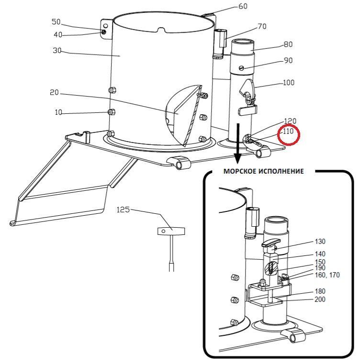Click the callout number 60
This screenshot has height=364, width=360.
243,6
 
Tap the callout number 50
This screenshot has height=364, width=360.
56,22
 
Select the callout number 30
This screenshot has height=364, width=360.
57,50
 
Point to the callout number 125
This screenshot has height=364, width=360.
123,210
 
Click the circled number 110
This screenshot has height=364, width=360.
288,132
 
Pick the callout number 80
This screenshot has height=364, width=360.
288,44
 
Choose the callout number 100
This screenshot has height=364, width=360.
289,82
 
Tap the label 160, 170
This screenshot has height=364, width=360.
327,275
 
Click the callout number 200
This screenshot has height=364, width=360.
320,299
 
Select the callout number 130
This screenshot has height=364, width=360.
320,242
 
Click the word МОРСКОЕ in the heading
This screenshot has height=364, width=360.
240,171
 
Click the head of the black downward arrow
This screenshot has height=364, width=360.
237,158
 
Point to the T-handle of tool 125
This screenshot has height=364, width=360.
171,231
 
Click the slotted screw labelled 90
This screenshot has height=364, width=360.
241,68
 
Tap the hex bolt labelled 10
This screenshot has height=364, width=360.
111,112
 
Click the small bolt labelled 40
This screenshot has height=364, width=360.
104,32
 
